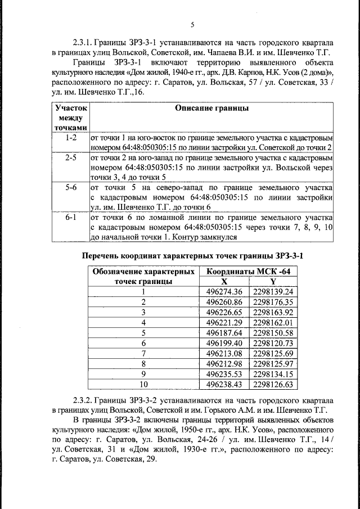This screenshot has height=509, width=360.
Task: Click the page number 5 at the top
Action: pos(192,25)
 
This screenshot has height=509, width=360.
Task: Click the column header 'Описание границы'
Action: pos(211,108)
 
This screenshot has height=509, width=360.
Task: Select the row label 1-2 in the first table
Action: pos(71,137)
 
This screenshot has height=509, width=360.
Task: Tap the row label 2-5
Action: pos(71,157)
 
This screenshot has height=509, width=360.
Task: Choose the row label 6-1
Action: pos(71,217)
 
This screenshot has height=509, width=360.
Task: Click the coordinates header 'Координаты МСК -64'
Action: pos(248,271)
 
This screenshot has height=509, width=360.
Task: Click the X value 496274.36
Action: pos(224,291)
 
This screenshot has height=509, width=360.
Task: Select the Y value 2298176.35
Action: pos(273,301)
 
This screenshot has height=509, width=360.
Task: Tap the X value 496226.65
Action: pos(224,312)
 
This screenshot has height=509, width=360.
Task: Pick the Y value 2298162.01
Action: pos(273,322)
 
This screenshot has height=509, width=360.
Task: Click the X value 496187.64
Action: pos(224,332)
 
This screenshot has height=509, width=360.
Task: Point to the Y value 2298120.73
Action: pos(273,343)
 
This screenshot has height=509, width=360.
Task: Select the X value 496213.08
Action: pos(224,353)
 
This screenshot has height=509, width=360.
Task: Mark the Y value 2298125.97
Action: pos(273,363)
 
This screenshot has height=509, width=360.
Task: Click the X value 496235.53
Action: pos(224,373)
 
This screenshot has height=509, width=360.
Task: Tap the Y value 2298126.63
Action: pos(273,384)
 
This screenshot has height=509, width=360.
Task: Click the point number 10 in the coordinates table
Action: pos(143,384)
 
